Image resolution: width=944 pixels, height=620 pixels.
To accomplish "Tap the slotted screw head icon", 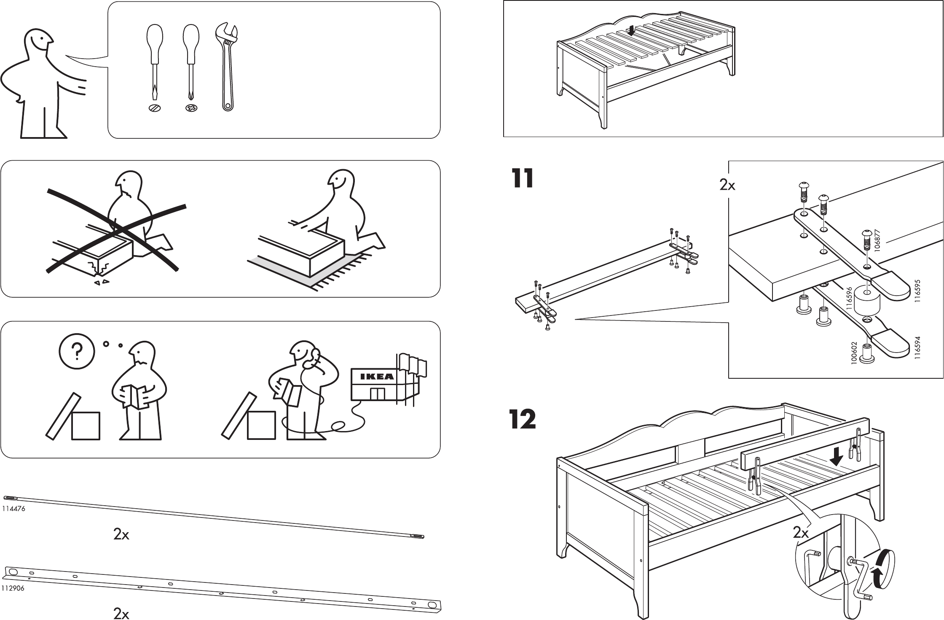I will click(x=155, y=108).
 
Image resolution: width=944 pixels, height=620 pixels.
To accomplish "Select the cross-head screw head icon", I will click(x=191, y=108).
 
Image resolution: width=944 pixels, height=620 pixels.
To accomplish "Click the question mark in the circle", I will click(x=77, y=350).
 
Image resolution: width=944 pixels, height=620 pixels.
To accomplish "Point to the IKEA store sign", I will click(x=376, y=377).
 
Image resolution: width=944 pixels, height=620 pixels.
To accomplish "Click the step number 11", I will click(x=522, y=178).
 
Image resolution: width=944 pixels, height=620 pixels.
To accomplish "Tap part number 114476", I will click(x=14, y=509).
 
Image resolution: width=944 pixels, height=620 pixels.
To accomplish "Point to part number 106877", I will click(x=877, y=240).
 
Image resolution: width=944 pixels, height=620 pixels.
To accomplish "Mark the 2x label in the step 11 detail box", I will click(x=727, y=185).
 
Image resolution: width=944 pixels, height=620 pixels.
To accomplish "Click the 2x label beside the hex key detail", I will click(x=801, y=533).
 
